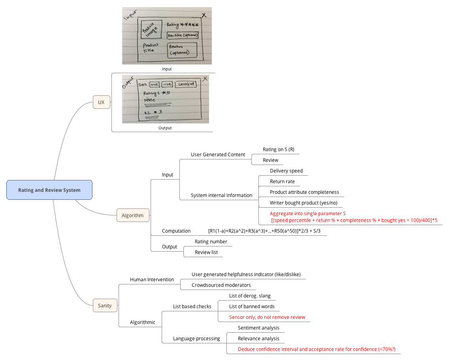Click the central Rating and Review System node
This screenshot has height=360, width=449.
49,190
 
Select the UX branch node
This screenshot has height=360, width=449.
101,102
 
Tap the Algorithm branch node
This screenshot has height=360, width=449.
132,215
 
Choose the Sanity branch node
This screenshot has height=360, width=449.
105,305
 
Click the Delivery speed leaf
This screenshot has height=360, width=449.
286,171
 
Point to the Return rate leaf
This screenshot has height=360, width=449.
282,182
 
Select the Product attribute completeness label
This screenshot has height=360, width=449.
304,192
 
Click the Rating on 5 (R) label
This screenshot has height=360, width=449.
278,150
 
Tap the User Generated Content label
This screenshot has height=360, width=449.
218,155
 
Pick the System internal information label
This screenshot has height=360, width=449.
221,195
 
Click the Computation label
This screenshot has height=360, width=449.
176,231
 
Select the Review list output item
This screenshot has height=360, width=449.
206,252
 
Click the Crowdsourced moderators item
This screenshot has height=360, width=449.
221,285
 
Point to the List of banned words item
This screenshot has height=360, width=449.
252,307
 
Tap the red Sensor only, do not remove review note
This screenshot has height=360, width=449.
267,317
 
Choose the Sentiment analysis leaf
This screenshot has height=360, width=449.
258,328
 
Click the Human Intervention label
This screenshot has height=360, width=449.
152,280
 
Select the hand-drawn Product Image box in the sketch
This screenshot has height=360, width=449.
151,29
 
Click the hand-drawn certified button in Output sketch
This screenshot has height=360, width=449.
187,84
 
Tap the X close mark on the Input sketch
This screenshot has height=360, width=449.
204,15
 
